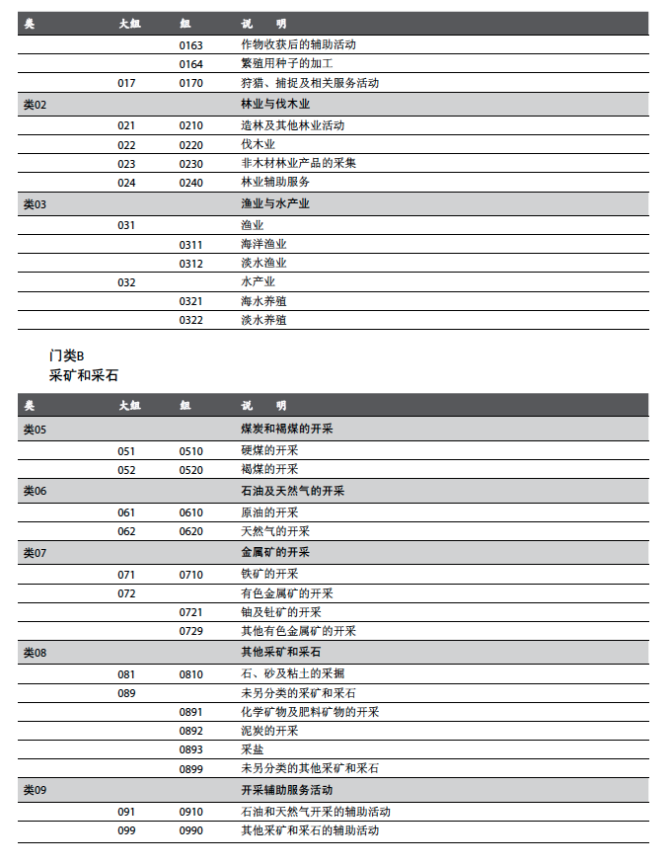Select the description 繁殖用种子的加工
(x=280, y=63)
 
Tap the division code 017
(x=126, y=83)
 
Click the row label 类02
(x=35, y=104)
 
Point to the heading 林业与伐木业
(x=275, y=104)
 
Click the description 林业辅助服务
(x=275, y=183)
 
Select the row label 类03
(x=35, y=204)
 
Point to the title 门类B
(x=67, y=355)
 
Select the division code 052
(x=126, y=470)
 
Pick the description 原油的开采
(x=269, y=512)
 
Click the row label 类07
(x=35, y=553)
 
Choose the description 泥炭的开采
(x=269, y=731)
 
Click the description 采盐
(x=252, y=749)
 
